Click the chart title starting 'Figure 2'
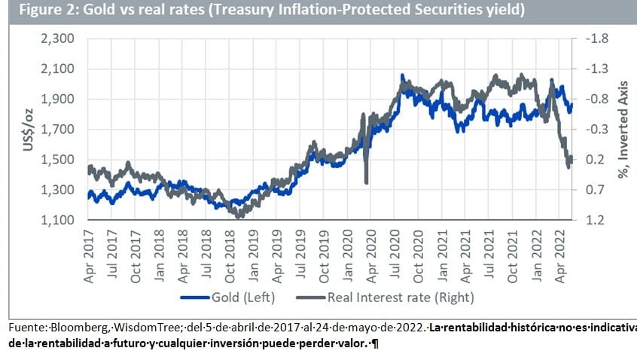[x=267, y=11]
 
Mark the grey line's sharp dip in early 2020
[x=366, y=179]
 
